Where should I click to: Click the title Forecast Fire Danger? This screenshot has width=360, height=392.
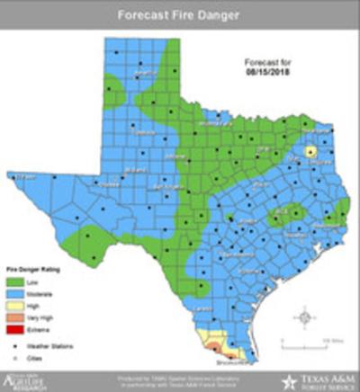pyautogui.click(x=179, y=14)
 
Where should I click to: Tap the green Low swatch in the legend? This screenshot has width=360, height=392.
pyautogui.click(x=15, y=281)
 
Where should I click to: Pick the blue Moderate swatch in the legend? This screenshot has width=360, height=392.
pyautogui.click(x=15, y=293)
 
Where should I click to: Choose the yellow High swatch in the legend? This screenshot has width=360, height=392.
pyautogui.click(x=15, y=306)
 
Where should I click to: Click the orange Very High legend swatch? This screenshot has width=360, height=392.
pyautogui.click(x=15, y=317)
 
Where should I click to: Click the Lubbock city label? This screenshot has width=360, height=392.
pyautogui.click(x=139, y=131)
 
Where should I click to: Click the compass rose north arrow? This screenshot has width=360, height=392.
pyautogui.click(x=305, y=316)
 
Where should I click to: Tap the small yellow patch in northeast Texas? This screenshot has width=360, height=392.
pyautogui.click(x=310, y=152)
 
